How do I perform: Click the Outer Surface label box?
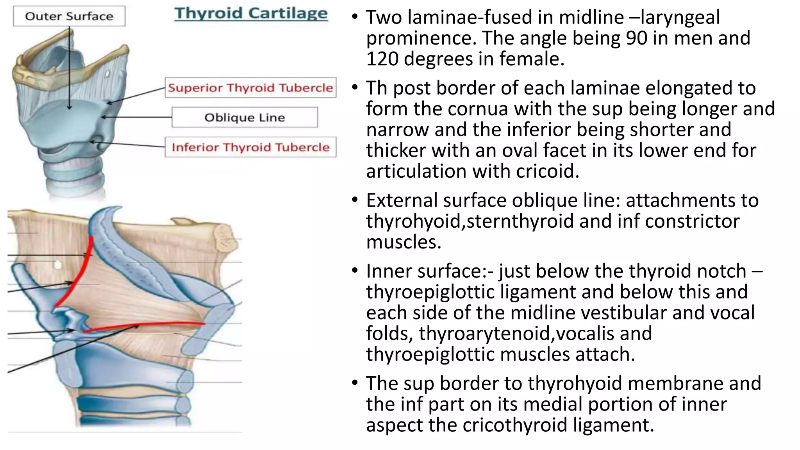click(69, 16)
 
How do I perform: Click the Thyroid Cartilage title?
click(251, 13)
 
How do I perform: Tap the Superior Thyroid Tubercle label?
click(250, 87)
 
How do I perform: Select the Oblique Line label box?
click(245, 117)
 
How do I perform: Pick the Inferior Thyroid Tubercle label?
click(250, 147)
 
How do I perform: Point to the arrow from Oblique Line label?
click(137, 117)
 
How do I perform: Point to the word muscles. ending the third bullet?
click(404, 242)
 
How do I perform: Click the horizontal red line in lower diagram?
click(148, 325)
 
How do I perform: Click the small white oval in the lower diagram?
click(58, 265)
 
